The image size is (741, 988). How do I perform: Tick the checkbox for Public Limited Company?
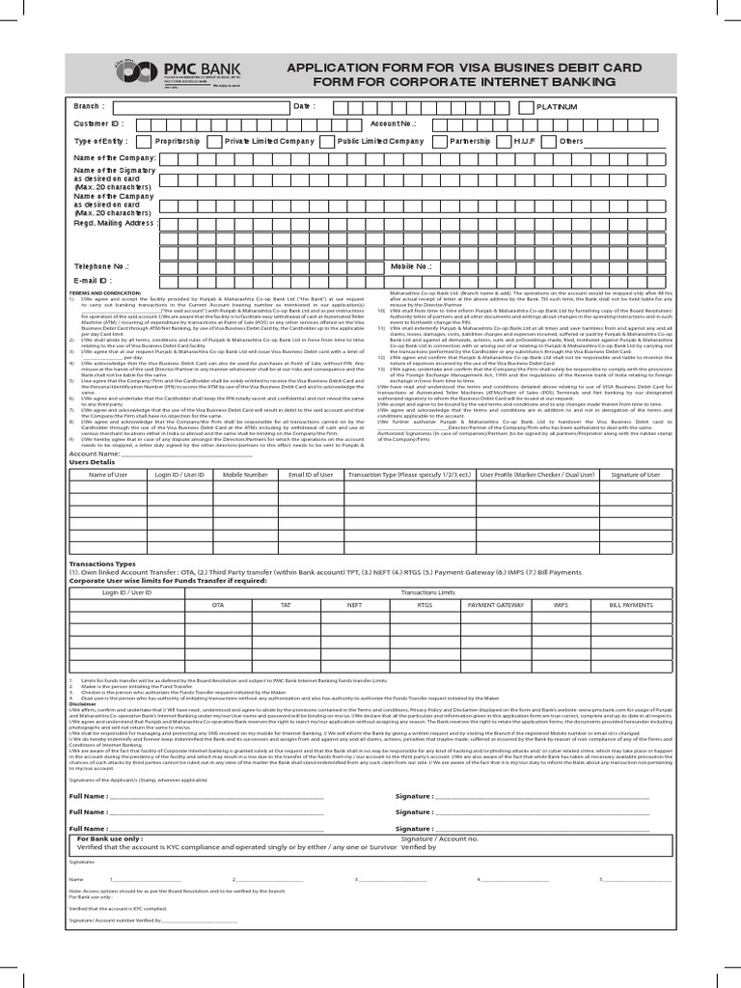click(331, 141)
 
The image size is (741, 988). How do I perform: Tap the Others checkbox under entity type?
click(552, 141)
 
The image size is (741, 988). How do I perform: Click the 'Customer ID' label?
click(98, 123)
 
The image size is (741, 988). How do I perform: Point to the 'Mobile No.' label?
click(411, 265)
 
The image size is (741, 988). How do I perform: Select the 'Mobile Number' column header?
click(245, 475)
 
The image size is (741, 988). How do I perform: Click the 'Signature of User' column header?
click(636, 475)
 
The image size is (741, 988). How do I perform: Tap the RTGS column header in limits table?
click(425, 604)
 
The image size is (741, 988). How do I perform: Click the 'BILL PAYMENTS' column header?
click(631, 604)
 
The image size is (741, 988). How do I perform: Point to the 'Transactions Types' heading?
click(103, 563)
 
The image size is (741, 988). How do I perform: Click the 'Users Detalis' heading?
click(92, 462)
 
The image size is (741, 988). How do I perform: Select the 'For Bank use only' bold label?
click(110, 839)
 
